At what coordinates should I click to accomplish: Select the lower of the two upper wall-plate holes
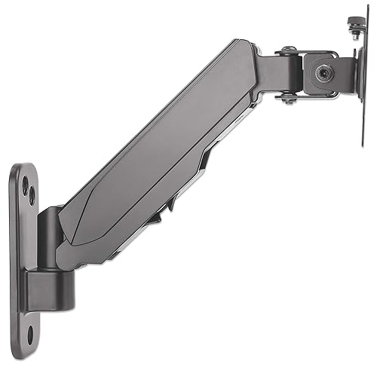tap(31, 196)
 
